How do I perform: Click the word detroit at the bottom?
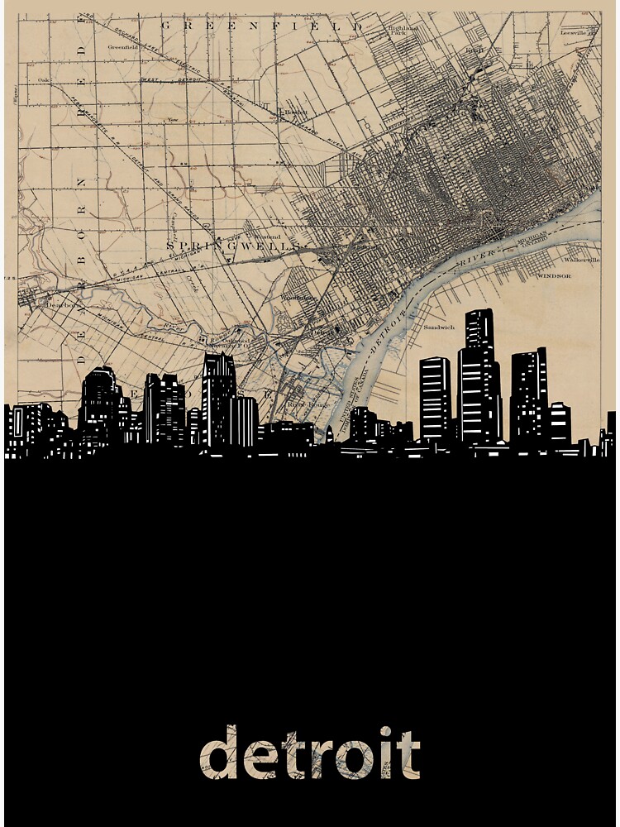310,753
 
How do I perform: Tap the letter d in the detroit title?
219,753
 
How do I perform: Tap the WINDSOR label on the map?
555,275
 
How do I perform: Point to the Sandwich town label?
439,327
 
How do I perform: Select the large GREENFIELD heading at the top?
261,26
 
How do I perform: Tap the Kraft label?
473,50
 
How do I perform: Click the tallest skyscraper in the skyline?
479,380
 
